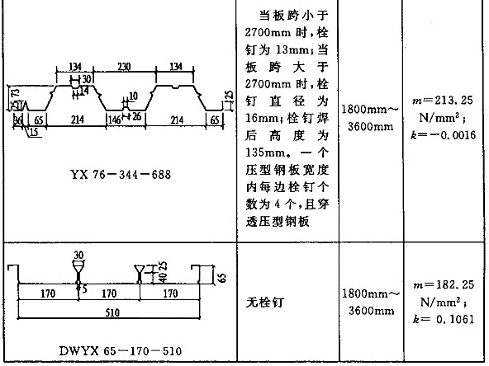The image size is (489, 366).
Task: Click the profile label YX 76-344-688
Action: (x=121, y=174)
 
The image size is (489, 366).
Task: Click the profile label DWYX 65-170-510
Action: (x=120, y=351)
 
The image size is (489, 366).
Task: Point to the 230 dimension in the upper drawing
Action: (x=124, y=67)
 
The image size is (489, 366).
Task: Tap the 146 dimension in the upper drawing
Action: (x=114, y=120)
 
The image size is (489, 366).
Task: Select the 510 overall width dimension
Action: (x=112, y=312)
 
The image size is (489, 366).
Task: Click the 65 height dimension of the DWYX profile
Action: (x=221, y=278)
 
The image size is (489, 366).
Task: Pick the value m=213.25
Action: (x=443, y=101)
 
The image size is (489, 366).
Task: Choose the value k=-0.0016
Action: (x=443, y=135)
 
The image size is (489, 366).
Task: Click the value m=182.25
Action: (x=444, y=284)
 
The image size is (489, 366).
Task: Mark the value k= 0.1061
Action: (x=443, y=319)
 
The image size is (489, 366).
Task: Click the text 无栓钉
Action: (x=265, y=303)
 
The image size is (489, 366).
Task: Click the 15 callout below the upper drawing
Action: (x=34, y=132)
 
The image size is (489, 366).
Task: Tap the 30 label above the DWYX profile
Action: (x=78, y=256)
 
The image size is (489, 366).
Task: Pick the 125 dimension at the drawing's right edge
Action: (x=229, y=96)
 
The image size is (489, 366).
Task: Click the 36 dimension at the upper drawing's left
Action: (x=18, y=120)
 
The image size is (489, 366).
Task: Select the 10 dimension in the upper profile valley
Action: (x=133, y=96)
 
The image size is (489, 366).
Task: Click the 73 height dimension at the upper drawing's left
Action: (x=15, y=93)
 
